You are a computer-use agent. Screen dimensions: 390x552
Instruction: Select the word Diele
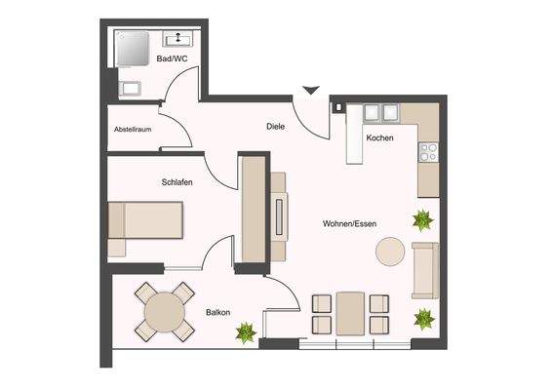(x=276, y=126)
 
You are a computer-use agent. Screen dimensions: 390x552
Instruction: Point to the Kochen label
(x=379, y=137)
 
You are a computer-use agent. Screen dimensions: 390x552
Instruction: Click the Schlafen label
(x=178, y=182)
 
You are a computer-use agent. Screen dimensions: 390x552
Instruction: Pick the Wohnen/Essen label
(x=349, y=223)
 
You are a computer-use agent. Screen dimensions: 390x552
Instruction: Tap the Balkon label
(x=217, y=312)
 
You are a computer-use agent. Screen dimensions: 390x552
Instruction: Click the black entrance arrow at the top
(x=310, y=91)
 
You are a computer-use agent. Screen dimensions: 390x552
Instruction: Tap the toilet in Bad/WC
(x=127, y=89)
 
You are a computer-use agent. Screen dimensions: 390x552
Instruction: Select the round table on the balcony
(x=164, y=313)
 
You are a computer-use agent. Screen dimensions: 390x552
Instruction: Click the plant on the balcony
(x=246, y=331)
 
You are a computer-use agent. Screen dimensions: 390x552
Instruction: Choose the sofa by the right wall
(x=424, y=270)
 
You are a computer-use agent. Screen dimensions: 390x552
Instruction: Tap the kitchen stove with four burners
(x=427, y=151)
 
